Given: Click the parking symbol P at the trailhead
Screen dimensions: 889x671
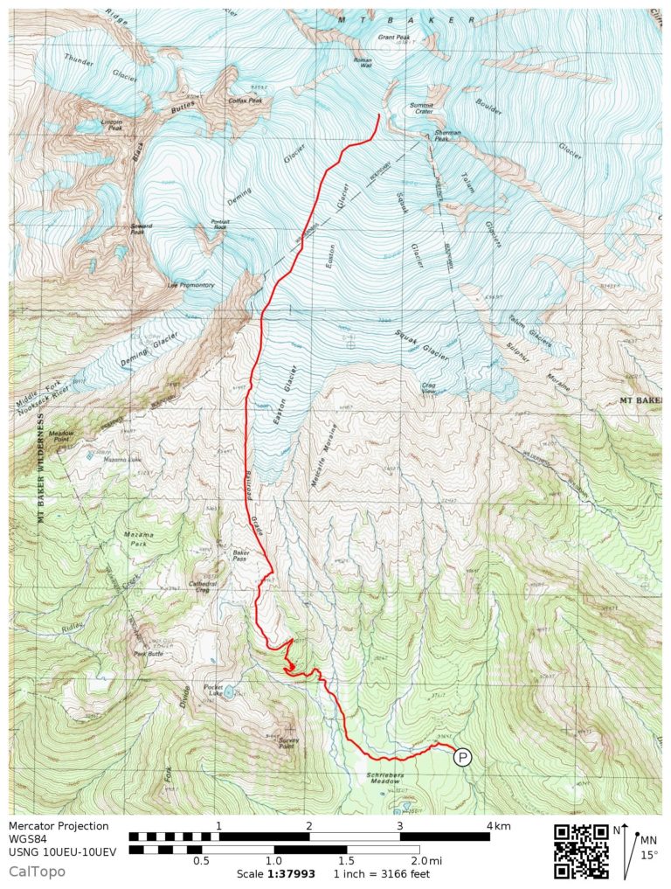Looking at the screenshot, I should (x=462, y=758).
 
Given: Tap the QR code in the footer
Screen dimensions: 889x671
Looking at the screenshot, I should (x=581, y=850).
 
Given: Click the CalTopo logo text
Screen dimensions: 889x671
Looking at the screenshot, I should (x=37, y=871).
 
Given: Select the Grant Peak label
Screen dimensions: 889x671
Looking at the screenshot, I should (x=393, y=38).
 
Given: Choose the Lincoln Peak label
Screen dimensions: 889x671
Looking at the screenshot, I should (x=112, y=124).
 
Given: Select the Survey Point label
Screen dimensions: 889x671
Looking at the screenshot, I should (x=292, y=744).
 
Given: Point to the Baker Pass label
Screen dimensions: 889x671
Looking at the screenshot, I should (x=241, y=553).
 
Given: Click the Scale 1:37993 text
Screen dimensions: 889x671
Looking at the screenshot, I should (x=273, y=874).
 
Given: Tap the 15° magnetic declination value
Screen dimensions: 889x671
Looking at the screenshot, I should (x=649, y=855).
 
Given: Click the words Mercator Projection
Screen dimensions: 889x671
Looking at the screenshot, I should (x=59, y=826).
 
